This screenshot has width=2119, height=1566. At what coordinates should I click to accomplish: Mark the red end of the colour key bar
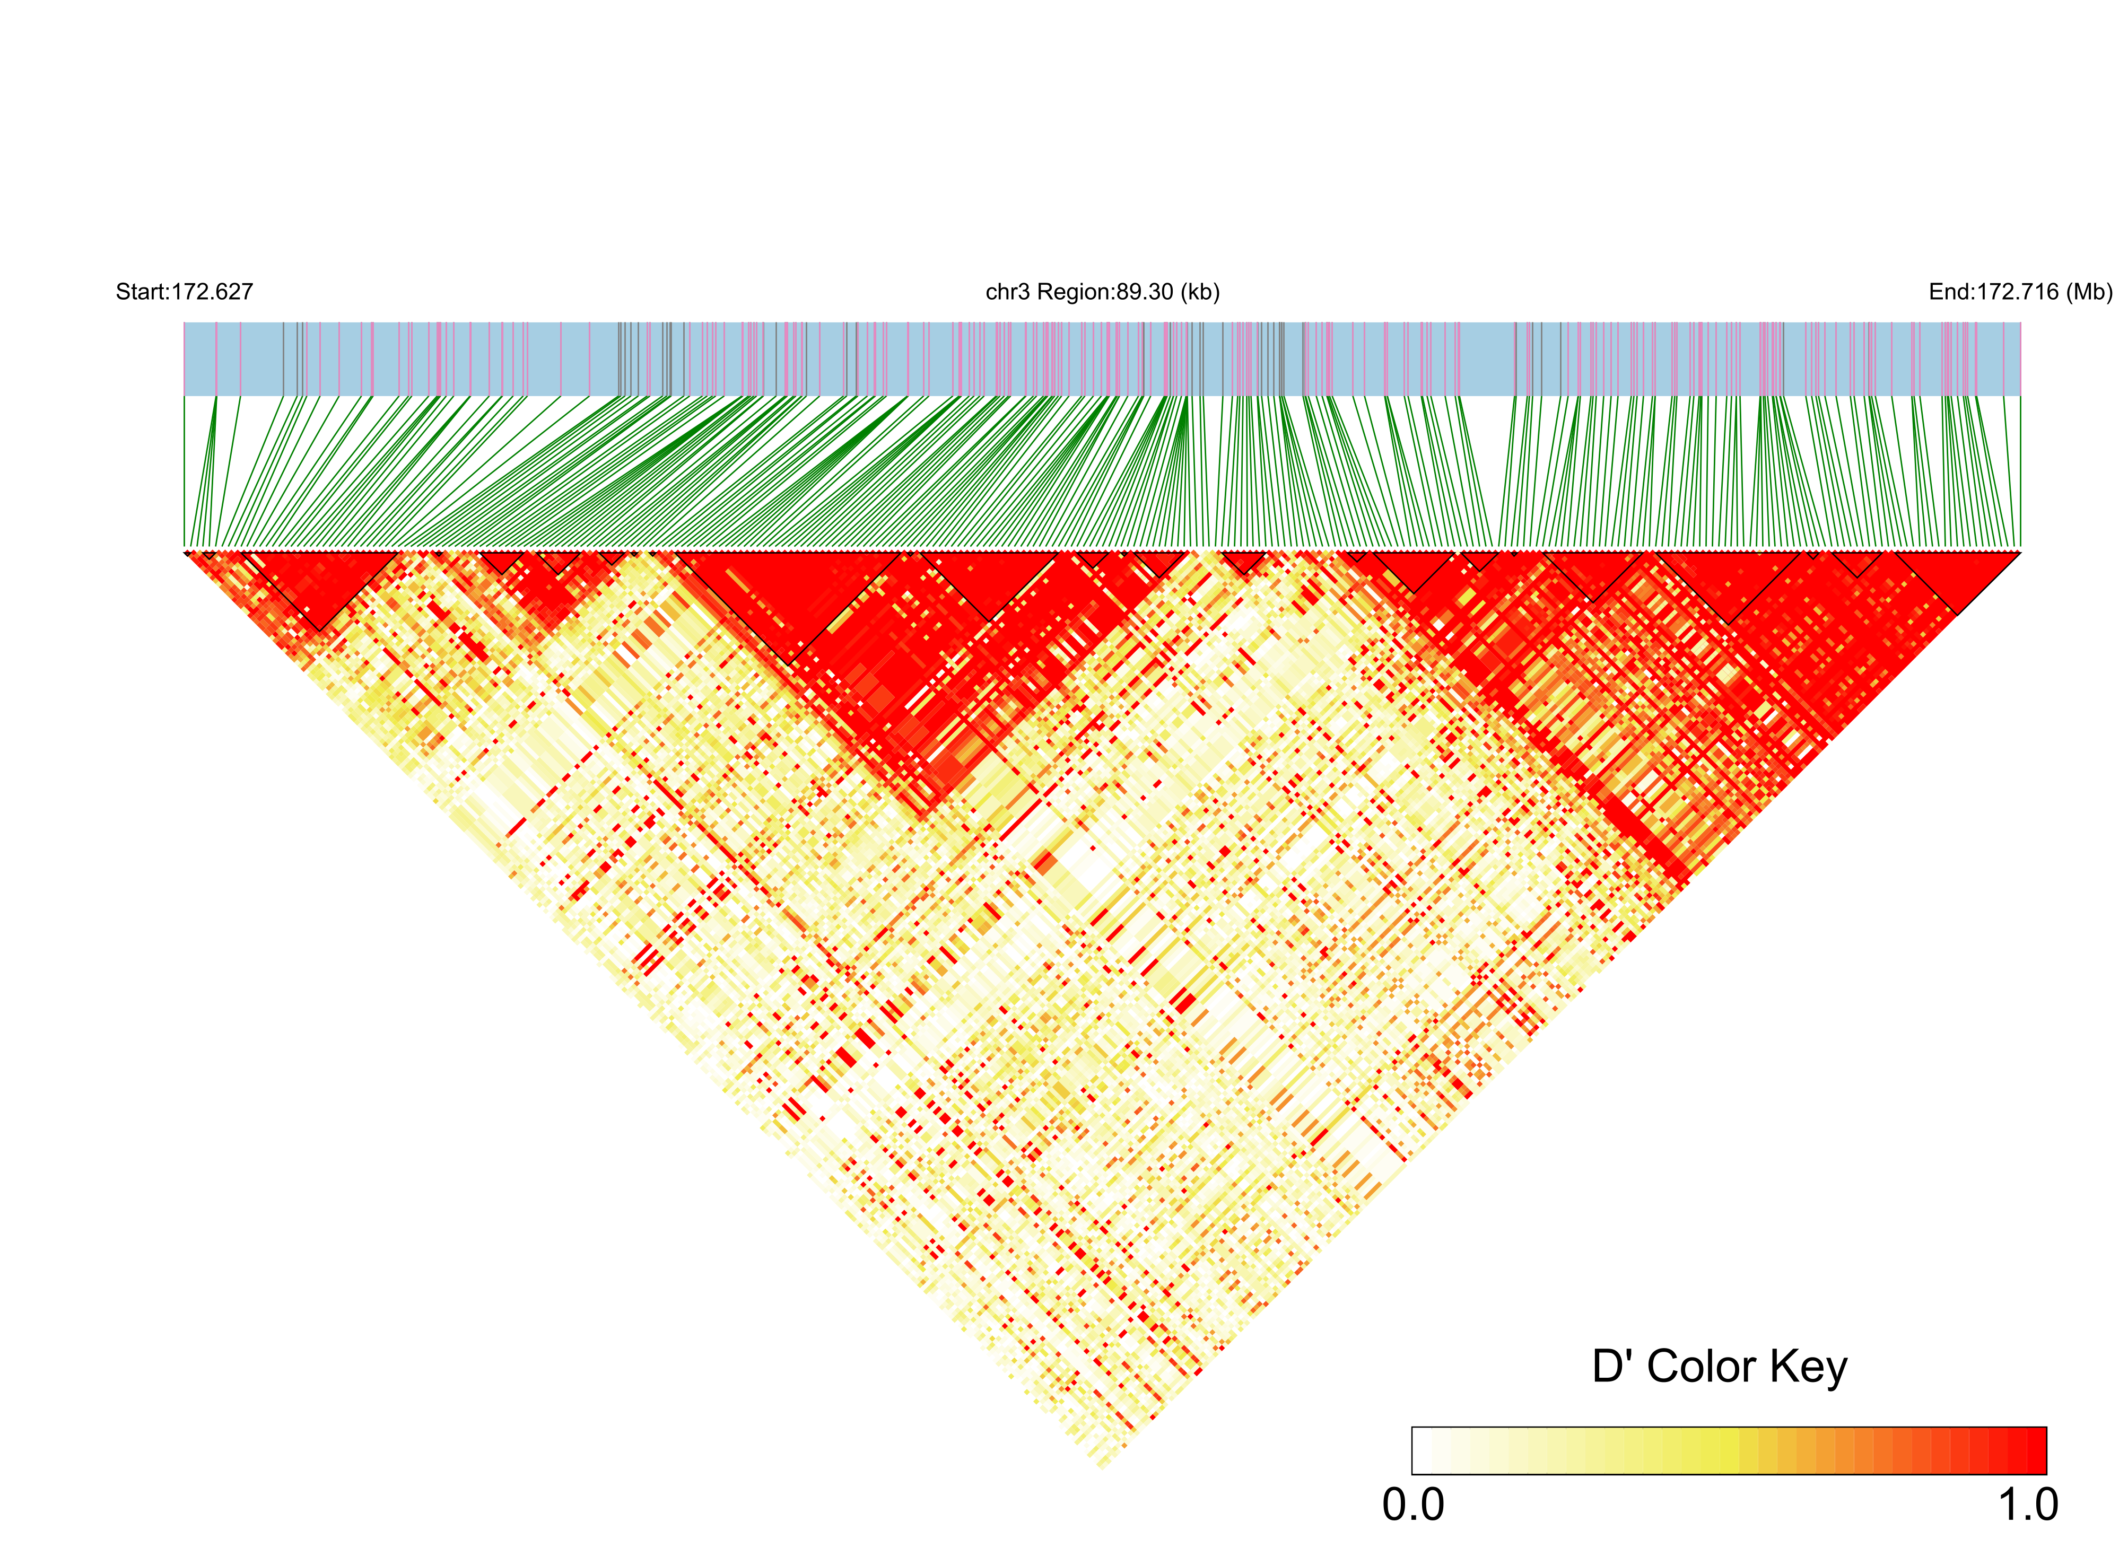[x=2036, y=1450]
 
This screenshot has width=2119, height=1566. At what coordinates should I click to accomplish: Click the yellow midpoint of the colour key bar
[x=1729, y=1450]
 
